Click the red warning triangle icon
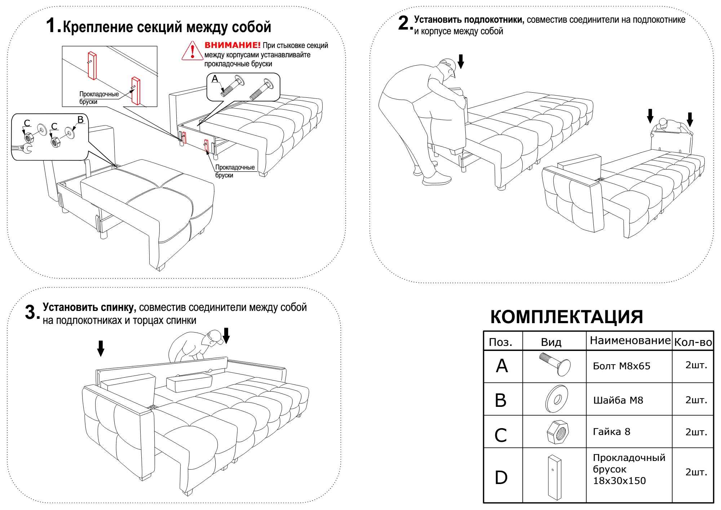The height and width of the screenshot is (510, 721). point(192,51)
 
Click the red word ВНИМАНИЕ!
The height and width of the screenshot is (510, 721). point(232,45)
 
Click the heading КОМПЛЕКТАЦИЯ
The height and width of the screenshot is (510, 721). point(566,317)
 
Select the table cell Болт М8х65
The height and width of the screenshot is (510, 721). point(622,366)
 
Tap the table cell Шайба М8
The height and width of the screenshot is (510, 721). point(618,400)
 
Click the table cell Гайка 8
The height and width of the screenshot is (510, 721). point(611,432)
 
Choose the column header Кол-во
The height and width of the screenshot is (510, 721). point(693,342)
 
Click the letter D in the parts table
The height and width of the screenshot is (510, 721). point(501,477)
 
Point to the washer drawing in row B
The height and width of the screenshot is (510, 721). point(557,399)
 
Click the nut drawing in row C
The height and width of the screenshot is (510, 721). point(557,432)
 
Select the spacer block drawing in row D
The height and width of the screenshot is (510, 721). point(554,477)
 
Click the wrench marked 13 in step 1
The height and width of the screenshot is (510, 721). point(22,148)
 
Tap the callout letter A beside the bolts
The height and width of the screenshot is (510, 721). point(215,79)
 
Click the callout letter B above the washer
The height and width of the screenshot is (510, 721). point(80,119)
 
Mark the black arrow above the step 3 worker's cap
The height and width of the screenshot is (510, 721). point(226,335)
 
